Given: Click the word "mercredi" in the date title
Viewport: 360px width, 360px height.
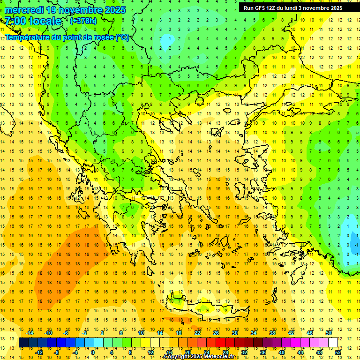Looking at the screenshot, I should (x=24, y=10).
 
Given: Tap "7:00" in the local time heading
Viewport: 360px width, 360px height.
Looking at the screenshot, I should (x=15, y=21).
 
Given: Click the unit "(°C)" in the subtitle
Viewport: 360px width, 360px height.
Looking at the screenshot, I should (x=122, y=37).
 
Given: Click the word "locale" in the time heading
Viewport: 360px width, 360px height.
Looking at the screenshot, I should (x=46, y=21).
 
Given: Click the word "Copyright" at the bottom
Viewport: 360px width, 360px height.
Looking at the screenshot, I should (x=178, y=357).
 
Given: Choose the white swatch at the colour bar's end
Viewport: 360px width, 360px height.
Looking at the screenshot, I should (x=333, y=343).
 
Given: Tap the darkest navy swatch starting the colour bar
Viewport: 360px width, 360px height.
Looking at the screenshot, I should (x=24, y=343).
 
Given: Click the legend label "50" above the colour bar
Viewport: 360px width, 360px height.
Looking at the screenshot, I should (x=329, y=333).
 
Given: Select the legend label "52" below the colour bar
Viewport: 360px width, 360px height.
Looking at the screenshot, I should (x=338, y=352).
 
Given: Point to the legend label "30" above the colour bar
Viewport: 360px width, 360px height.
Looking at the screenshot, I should (x=235, y=333).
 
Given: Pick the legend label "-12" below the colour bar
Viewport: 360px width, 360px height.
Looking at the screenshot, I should (x=39, y=352).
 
